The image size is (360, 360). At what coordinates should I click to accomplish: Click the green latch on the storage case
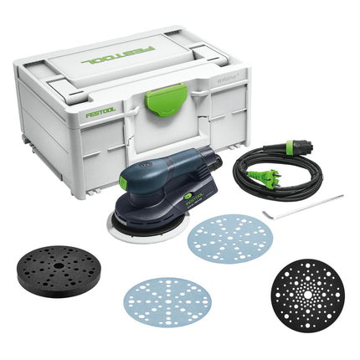157,108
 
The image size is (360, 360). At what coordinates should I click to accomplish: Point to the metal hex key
306,206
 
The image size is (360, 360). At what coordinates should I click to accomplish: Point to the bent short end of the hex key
266,214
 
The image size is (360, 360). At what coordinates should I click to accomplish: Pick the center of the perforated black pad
306,291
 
